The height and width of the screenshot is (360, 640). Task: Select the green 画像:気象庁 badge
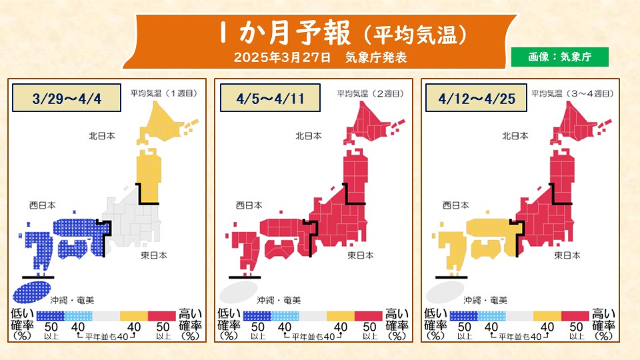[x=560, y=57]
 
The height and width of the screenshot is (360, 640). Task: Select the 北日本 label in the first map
[x=102, y=136]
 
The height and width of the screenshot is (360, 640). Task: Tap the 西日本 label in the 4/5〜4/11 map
[x=249, y=205]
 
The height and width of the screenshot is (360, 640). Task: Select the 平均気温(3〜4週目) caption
[x=574, y=94]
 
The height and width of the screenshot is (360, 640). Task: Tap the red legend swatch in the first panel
[x=161, y=316]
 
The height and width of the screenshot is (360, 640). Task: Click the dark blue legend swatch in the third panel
[x=464, y=316]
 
